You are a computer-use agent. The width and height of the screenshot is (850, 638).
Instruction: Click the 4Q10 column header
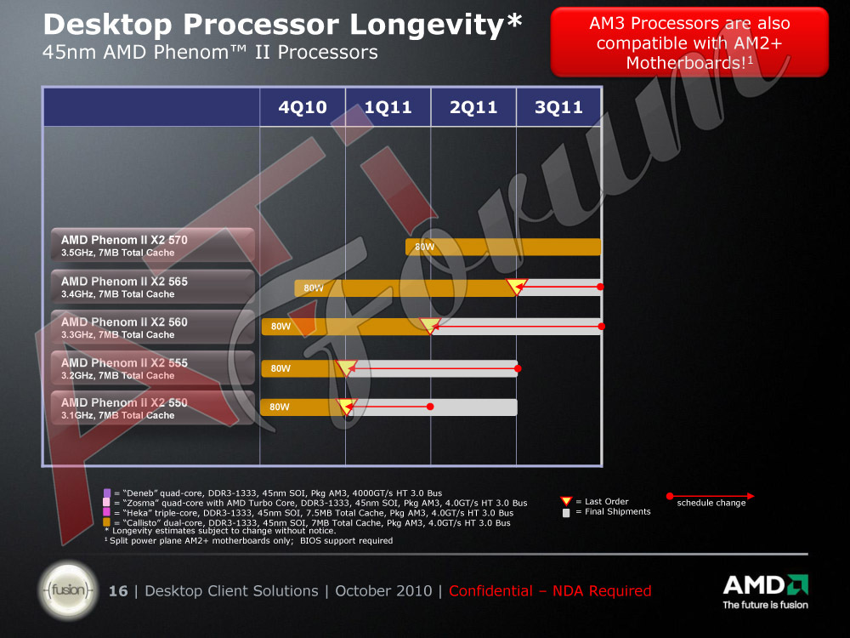pyautogui.click(x=303, y=107)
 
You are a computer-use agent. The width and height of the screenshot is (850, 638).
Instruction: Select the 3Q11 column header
pyautogui.click(x=559, y=107)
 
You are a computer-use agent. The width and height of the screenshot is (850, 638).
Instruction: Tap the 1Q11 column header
pyautogui.click(x=388, y=107)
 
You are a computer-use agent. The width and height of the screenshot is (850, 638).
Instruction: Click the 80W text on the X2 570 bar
pyautogui.click(x=424, y=247)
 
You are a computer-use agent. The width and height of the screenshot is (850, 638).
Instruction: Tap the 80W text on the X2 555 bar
pyautogui.click(x=280, y=368)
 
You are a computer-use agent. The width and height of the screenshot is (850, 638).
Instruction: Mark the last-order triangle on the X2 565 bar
pyautogui.click(x=517, y=286)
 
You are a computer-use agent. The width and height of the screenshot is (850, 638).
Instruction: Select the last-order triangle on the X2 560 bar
pyautogui.click(x=430, y=326)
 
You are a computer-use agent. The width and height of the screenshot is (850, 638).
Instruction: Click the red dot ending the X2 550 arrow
pyautogui.click(x=430, y=407)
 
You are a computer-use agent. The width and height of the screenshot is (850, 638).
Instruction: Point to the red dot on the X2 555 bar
pyautogui.click(x=518, y=368)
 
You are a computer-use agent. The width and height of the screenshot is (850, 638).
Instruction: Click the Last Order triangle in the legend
pyautogui.click(x=566, y=501)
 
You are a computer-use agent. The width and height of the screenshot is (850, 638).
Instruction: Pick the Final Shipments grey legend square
pyautogui.click(x=566, y=513)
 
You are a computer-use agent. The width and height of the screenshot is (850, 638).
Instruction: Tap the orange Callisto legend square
pyautogui.click(x=107, y=522)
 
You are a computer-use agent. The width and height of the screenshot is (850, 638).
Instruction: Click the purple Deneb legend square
pyautogui.click(x=107, y=493)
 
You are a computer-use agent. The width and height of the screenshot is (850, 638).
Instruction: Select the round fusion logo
pyautogui.click(x=68, y=590)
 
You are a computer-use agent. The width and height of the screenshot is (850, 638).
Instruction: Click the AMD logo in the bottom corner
pyautogui.click(x=766, y=591)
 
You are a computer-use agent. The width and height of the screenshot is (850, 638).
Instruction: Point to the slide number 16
pyautogui.click(x=118, y=591)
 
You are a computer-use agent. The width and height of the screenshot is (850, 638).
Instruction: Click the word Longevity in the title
pyautogui.click(x=427, y=25)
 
